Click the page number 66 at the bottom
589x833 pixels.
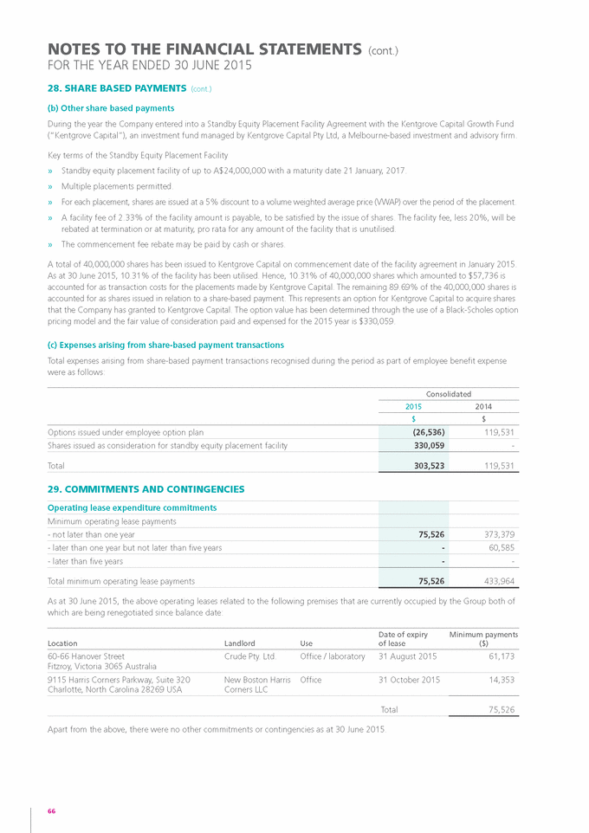[52, 810]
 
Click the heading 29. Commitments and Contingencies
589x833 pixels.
[146, 489]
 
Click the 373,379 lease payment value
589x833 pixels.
[498, 534]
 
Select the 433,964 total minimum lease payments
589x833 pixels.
[498, 581]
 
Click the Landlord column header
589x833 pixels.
[239, 643]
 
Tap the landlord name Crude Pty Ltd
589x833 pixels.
[249, 656]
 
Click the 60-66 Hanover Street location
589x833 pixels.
[86, 656]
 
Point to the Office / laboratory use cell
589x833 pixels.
[333, 656]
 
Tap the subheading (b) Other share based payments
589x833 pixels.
[111, 108]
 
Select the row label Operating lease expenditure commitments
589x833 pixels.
[132, 507]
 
